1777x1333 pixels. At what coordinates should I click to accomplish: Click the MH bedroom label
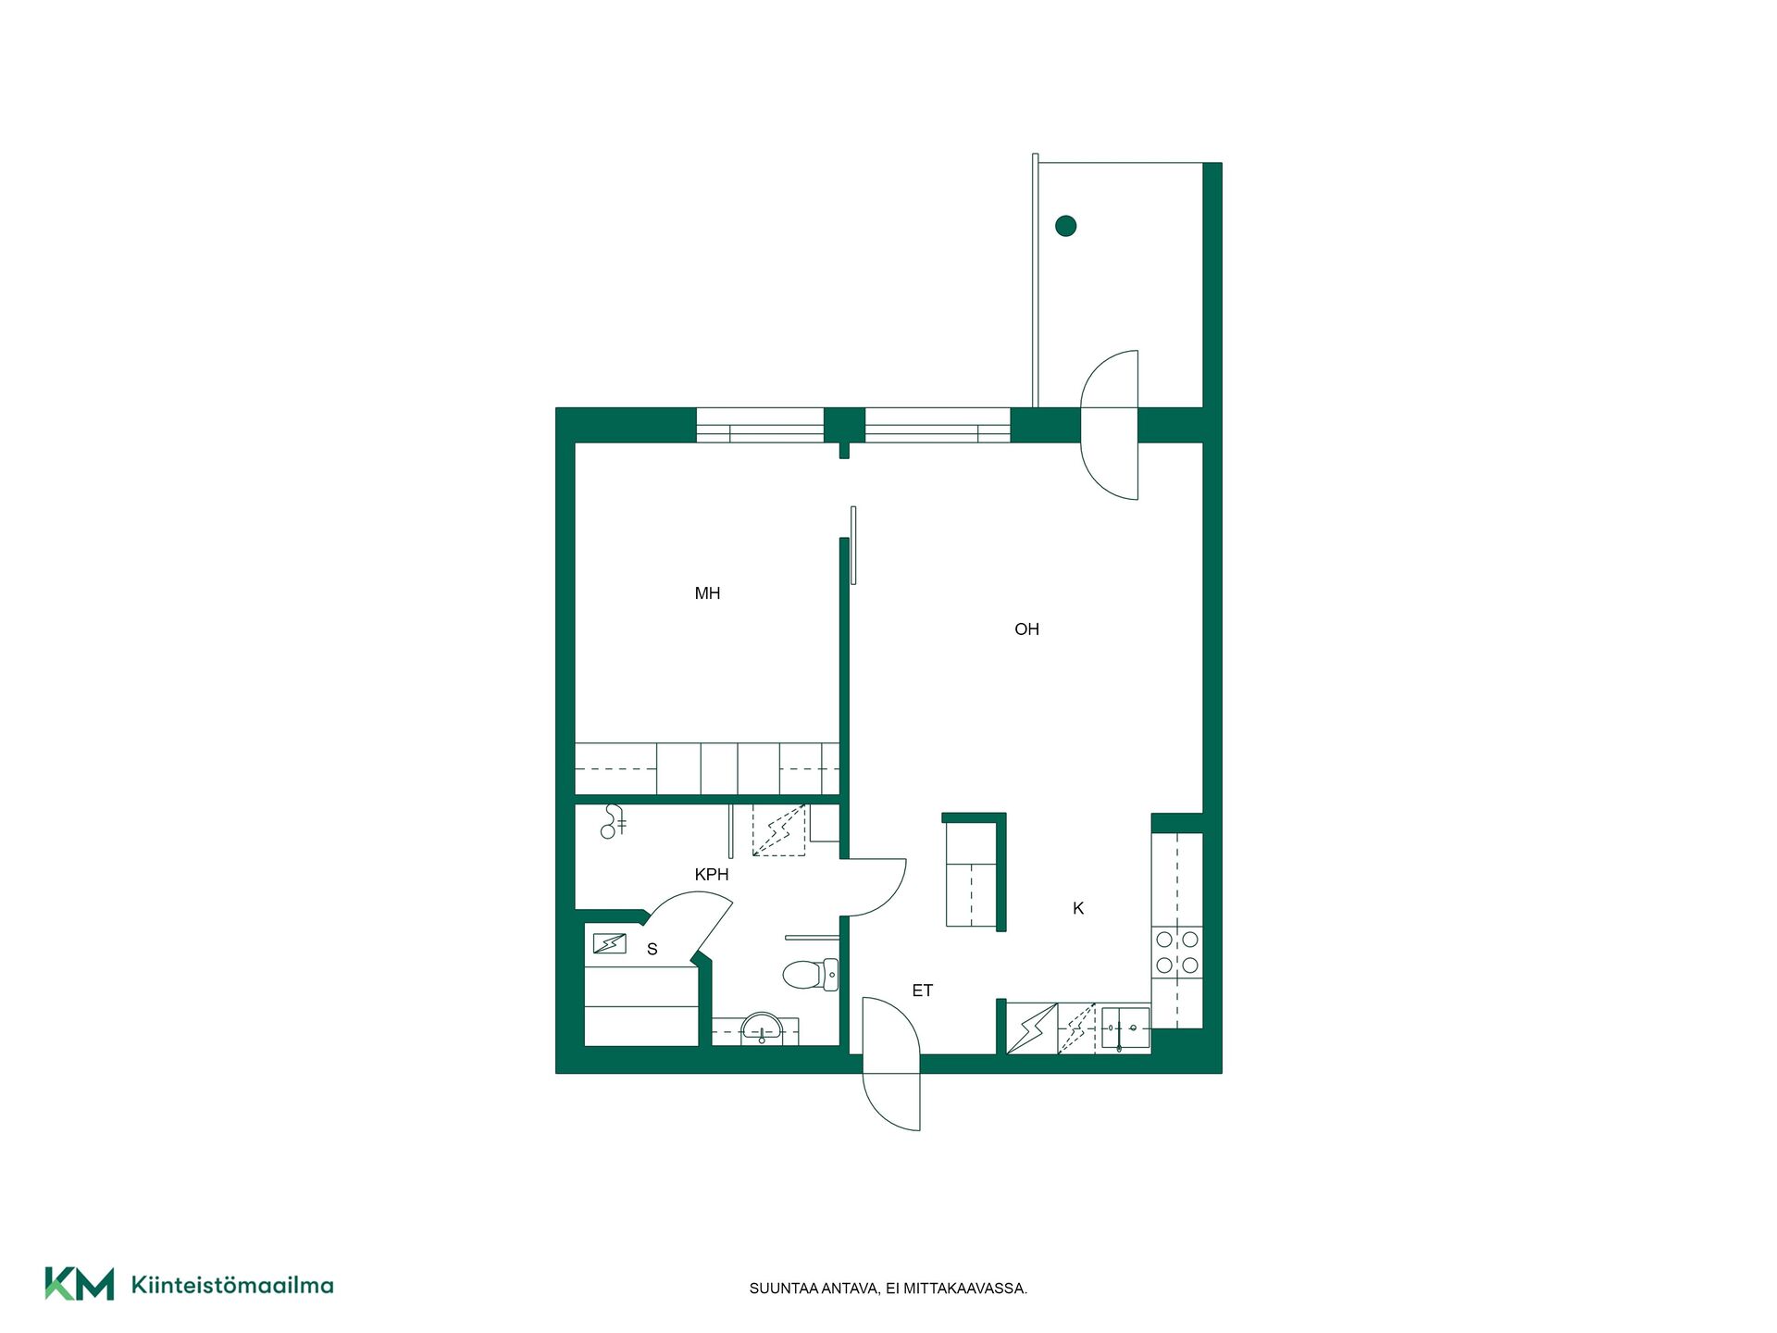point(707,593)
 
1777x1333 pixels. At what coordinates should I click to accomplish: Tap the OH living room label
point(1026,629)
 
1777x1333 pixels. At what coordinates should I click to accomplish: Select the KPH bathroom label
point(712,875)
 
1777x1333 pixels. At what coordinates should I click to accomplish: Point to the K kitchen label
point(1078,909)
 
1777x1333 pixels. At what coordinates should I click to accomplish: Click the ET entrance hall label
point(923,990)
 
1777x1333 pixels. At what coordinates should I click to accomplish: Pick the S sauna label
point(652,950)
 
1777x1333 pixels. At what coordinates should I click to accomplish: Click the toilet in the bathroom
point(811,974)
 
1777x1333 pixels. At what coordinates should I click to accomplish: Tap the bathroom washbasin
point(762,1028)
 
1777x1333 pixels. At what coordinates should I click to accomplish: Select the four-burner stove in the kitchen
point(1177,953)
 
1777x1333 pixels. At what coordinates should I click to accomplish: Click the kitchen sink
point(1125,1028)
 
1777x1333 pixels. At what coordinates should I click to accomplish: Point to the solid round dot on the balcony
point(1065,225)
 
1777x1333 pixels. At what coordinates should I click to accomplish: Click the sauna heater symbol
point(609,944)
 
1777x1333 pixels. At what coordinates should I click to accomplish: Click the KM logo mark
point(80,1284)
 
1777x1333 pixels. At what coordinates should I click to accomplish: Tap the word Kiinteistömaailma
point(232,1285)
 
